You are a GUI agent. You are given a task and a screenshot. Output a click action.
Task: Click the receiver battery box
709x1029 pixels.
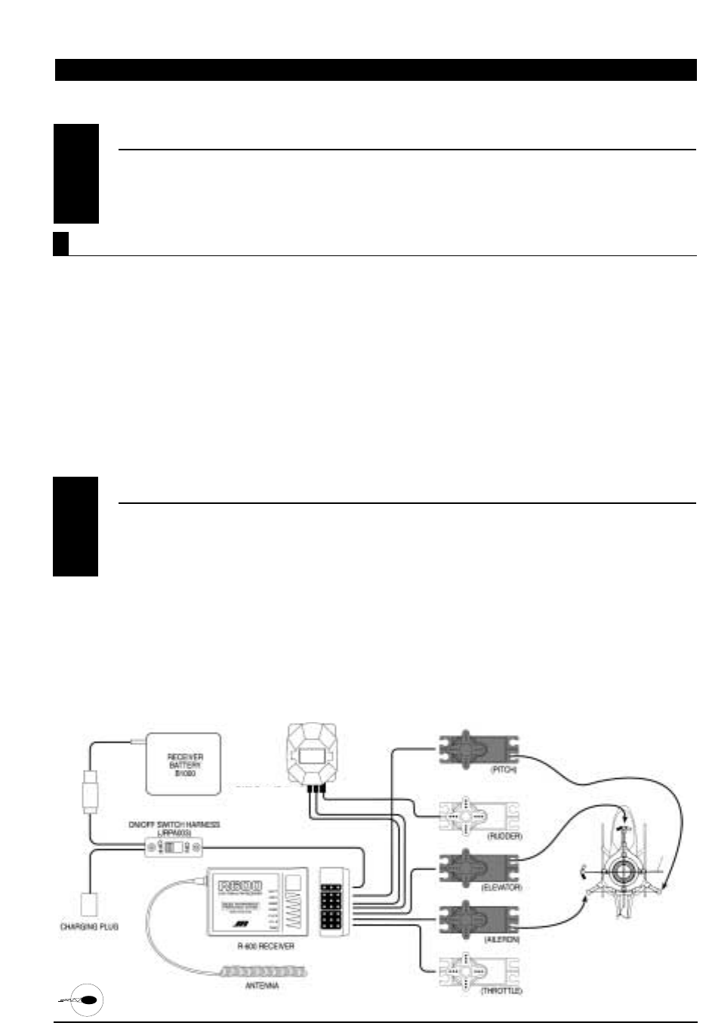[x=183, y=763]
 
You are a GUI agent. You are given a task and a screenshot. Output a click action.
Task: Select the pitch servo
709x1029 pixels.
[x=478, y=748]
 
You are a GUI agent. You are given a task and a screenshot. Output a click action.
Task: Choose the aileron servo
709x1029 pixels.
[x=478, y=917]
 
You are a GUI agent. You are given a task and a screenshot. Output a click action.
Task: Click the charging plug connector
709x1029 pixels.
[x=90, y=904]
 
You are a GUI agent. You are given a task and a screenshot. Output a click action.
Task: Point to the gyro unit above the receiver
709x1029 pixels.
[x=311, y=753]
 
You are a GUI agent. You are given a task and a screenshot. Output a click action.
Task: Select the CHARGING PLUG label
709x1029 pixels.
[x=90, y=925]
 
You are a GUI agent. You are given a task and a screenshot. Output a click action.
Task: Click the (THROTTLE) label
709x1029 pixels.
[x=501, y=990]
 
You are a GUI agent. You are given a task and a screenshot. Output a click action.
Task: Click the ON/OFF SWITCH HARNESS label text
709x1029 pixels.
[x=174, y=827]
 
